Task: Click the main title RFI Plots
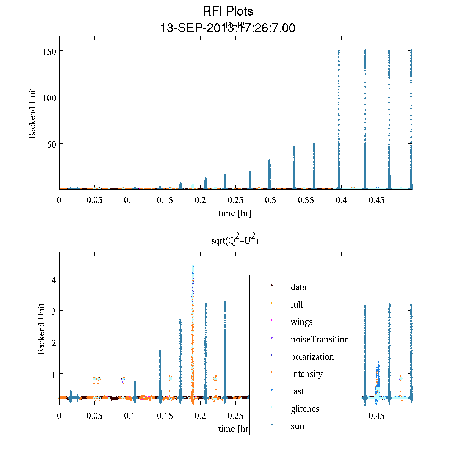[x=228, y=11]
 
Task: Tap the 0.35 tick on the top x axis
[x=306, y=200]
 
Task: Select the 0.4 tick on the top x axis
[x=341, y=200]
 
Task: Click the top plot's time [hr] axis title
[x=234, y=213]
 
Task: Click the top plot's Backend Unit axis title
[x=33, y=113]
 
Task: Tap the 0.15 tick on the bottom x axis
[x=165, y=416]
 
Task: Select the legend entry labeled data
[x=298, y=287]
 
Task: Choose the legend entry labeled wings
[x=301, y=322]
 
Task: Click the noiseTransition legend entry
[x=320, y=339]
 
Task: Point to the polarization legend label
[x=312, y=357]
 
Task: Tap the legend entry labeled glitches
[x=305, y=409]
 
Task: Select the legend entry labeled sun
[x=297, y=426]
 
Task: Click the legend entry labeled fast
[x=297, y=391]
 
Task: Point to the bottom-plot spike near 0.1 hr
[x=135, y=391]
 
